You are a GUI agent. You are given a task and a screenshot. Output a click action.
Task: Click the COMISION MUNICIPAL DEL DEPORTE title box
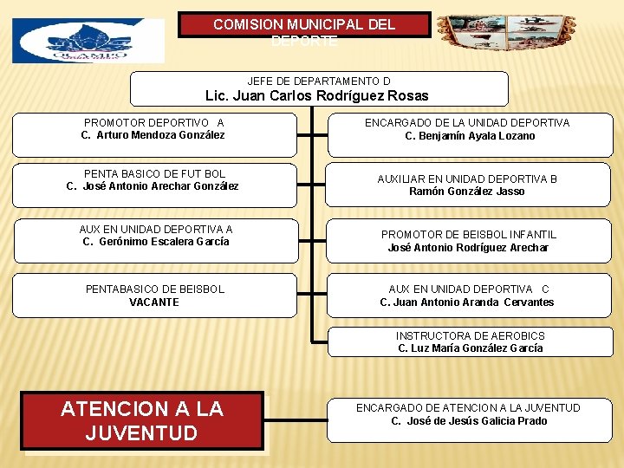[304, 25]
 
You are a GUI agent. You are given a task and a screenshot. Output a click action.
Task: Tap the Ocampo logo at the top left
[88, 41]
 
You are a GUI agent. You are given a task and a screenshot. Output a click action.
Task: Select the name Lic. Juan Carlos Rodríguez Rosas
[316, 96]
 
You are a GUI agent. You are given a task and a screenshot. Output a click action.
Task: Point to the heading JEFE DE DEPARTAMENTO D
[318, 81]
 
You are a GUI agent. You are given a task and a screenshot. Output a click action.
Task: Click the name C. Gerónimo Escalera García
[156, 242]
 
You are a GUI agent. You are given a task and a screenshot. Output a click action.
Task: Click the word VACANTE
[154, 302]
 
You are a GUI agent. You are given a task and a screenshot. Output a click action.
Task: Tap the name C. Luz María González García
[470, 348]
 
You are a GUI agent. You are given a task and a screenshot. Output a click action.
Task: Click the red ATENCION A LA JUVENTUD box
[142, 420]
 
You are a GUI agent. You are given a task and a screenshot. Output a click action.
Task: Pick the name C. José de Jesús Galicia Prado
[469, 421]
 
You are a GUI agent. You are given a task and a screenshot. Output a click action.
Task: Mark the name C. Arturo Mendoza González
[153, 135]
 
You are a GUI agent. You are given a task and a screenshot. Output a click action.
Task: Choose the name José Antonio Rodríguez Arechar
[468, 248]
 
